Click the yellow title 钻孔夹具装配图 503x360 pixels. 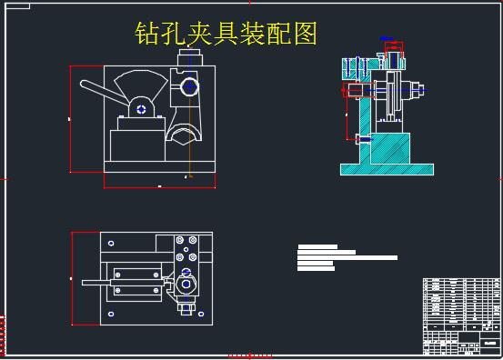tap(226, 35)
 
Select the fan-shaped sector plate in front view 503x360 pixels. tap(142, 87)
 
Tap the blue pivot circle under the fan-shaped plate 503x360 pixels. tap(142, 109)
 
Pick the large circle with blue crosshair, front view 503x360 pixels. tap(189, 87)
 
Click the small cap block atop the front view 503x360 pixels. tap(188, 57)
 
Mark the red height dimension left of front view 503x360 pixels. tap(72, 118)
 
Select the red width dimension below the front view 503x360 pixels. tap(159, 186)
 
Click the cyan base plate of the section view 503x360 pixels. tap(387, 168)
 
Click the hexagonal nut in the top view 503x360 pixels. tap(186, 283)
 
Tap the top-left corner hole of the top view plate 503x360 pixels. tap(111, 243)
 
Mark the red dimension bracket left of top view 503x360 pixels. tap(73, 278)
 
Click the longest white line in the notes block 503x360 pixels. tap(347, 257)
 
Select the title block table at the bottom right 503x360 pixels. tap(461, 315)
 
